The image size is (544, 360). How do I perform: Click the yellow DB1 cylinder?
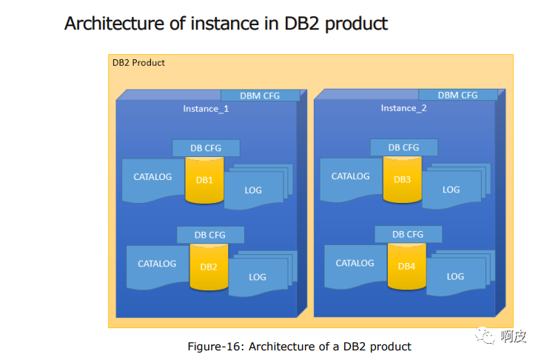click(204, 181)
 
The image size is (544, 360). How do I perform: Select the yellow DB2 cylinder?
click(209, 267)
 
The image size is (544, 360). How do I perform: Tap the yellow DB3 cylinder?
click(402, 180)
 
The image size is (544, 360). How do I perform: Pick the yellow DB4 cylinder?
click(406, 267)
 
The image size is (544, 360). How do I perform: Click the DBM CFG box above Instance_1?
click(260, 96)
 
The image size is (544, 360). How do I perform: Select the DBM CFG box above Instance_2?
click(457, 95)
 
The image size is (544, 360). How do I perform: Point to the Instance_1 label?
click(206, 108)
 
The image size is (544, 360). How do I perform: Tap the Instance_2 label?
click(403, 108)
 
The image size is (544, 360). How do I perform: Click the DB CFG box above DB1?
click(205, 147)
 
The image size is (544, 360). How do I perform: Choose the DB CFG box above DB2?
click(209, 235)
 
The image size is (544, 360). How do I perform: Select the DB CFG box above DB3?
click(403, 147)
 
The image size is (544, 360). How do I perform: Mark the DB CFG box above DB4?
click(408, 234)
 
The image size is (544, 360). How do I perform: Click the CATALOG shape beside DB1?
click(152, 178)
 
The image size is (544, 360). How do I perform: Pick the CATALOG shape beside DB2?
click(157, 264)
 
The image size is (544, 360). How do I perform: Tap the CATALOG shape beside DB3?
click(350, 177)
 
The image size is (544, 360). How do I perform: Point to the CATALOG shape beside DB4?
click(355, 264)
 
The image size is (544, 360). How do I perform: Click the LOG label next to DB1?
click(253, 190)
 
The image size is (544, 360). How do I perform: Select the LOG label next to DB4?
click(455, 276)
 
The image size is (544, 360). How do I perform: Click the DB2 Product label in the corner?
click(138, 63)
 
